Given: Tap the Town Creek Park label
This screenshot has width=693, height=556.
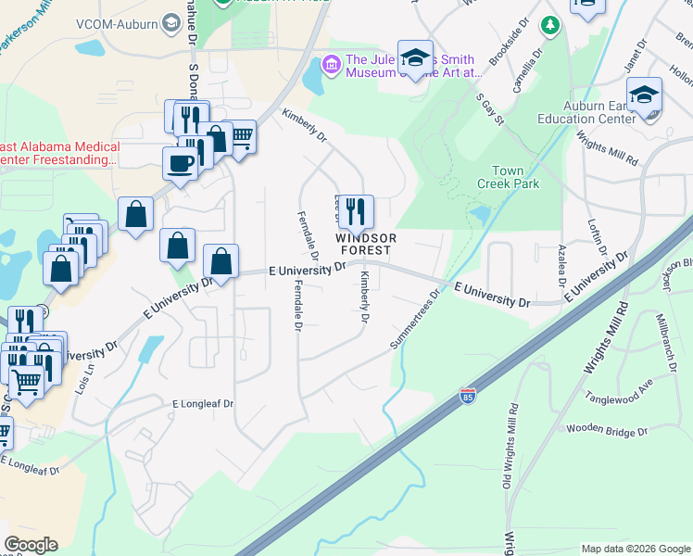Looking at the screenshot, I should click(508, 178).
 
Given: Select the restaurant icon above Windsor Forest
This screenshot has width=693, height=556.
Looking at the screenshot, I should click(355, 212).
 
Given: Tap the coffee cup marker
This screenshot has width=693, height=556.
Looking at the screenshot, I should click(180, 163).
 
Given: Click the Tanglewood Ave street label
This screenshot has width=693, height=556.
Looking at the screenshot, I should click(619, 389).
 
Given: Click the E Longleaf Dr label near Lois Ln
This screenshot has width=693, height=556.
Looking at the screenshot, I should click(203, 404).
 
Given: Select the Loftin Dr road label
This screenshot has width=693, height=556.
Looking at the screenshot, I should click(595, 238).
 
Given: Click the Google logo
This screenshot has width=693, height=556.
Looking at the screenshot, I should click(31, 545).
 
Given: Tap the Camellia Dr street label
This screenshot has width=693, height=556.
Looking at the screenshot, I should click(525, 73).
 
